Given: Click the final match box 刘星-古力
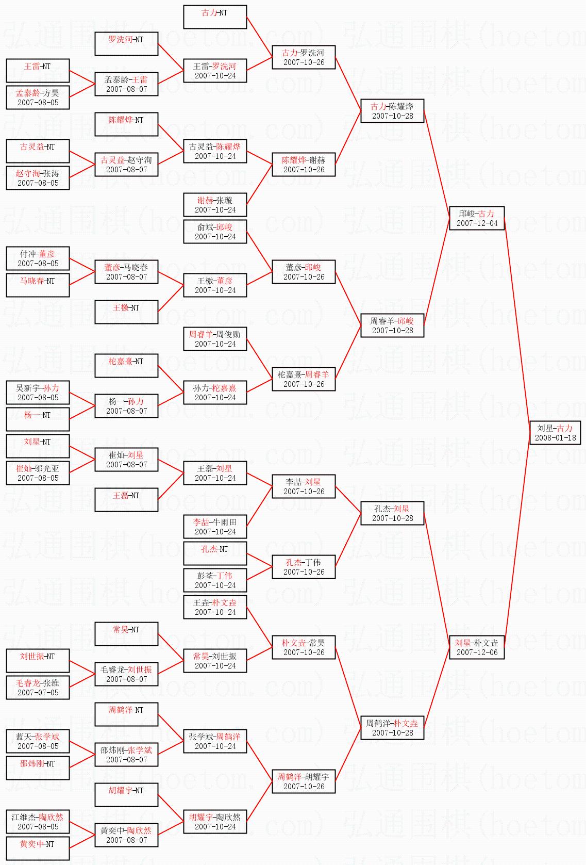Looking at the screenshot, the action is coord(555,432).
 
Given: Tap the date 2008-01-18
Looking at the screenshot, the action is coord(555,438).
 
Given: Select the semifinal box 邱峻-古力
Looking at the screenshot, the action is coord(476,218).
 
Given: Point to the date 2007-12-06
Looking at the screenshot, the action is coord(477,652).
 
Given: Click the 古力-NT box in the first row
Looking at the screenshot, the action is coord(215,17).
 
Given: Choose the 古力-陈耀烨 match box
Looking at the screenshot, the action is coord(392,111).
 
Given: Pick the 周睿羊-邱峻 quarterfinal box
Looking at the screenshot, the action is coord(392,325).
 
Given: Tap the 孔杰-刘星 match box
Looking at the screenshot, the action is coord(392,513).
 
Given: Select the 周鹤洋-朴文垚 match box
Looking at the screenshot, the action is coord(392,728).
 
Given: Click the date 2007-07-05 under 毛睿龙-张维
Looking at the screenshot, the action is coord(38,693).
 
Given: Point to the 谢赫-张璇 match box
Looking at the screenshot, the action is coord(215,205).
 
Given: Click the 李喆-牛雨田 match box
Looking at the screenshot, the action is coord(215,527).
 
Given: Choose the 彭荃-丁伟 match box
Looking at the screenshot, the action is coord(215,580).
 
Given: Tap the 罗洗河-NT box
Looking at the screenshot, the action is coord(126,44).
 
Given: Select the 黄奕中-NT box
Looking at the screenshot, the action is coord(38,848).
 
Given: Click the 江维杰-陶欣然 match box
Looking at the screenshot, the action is coord(38,822).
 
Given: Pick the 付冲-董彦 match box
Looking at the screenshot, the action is coord(38,258).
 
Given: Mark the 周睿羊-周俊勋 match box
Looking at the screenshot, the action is coord(215,339).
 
